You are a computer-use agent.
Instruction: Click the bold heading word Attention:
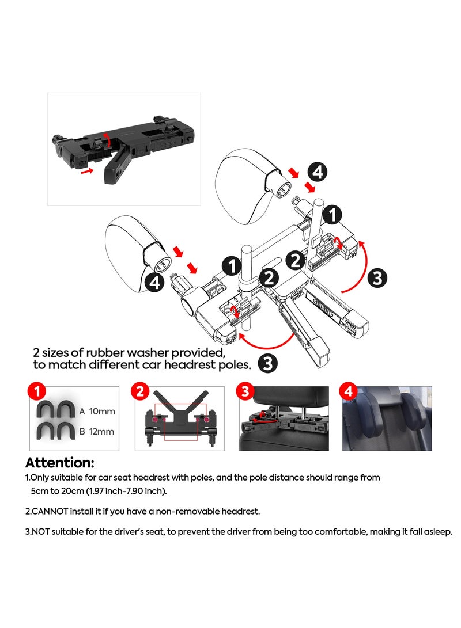59,462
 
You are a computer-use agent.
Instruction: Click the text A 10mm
96,411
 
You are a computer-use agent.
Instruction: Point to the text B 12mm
96,431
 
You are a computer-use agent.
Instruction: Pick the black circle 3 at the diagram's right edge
377,278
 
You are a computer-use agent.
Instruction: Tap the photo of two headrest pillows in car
387,418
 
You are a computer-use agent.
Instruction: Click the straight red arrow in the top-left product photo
86,171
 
